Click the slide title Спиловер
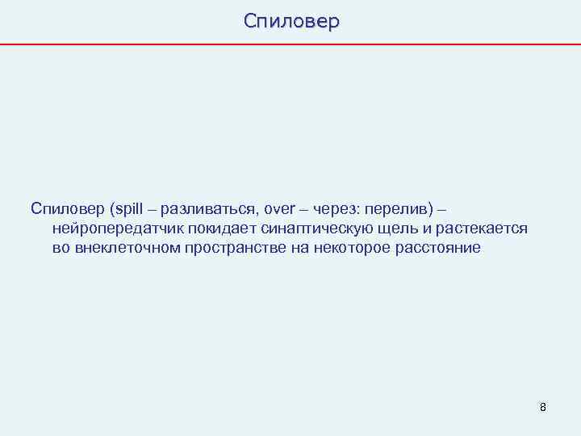click(291, 21)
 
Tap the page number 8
click(543, 407)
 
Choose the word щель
click(390, 228)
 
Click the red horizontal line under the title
click(290, 44)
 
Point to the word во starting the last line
click(61, 248)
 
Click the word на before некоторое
click(299, 248)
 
